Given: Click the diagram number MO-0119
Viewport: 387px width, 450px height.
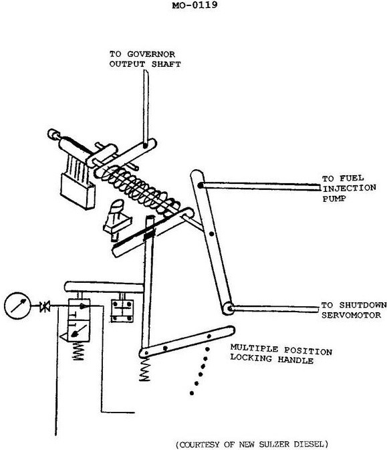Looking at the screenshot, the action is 195,5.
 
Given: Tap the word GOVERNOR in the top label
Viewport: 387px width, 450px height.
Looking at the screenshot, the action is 151,54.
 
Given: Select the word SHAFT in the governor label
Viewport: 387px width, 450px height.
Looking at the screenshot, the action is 166,64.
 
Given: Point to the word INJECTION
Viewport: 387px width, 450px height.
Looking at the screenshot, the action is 350,189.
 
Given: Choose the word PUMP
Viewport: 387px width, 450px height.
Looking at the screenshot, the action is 334,199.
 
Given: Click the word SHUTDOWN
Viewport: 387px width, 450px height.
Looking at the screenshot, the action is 363,305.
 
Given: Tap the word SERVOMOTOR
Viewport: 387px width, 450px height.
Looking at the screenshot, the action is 351,315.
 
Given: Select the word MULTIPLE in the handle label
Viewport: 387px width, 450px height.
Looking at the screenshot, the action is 254,348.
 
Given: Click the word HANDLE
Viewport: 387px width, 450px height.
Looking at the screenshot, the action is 295,360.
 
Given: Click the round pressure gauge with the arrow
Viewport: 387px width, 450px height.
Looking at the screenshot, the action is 17,306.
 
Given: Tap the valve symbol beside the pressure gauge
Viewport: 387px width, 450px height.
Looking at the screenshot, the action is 45,306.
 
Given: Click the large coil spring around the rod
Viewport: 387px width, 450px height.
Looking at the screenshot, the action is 138,189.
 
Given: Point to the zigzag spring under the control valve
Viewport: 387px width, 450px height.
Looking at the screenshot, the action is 78,350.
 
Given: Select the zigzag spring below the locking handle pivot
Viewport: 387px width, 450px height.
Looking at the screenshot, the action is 145,369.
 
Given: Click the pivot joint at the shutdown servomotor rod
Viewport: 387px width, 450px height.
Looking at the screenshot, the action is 229,308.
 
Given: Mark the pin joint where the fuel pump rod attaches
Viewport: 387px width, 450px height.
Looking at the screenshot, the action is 201,186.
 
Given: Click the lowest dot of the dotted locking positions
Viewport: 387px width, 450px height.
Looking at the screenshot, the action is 192,393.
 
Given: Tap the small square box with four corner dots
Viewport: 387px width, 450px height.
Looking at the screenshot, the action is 122,310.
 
